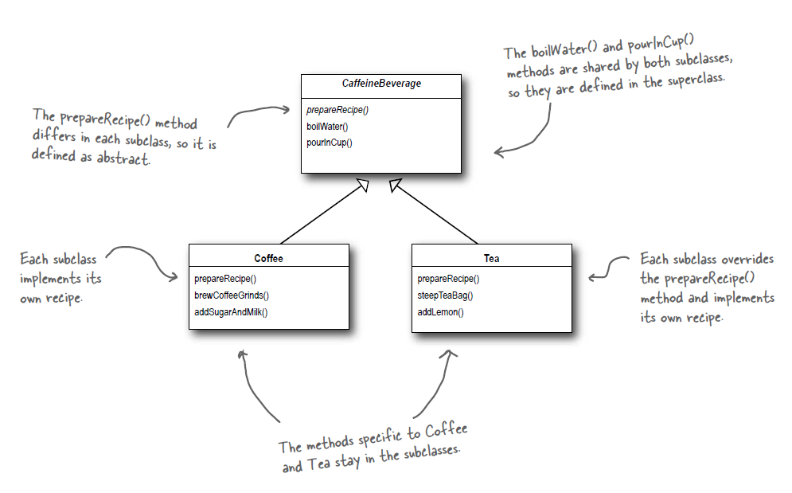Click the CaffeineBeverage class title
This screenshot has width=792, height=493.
point(381,84)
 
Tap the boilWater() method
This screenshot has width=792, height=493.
point(327,126)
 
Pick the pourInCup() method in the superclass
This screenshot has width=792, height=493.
point(329,143)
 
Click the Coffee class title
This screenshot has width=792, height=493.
point(268,258)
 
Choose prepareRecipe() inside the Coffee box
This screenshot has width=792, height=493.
point(224,279)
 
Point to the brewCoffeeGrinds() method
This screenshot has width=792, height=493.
point(232,295)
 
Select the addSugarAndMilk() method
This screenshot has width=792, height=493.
point(231,311)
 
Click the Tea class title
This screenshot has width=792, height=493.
point(491,258)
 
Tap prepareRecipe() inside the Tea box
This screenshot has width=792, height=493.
point(448,279)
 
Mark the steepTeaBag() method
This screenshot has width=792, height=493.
point(445,295)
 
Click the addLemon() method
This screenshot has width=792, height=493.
point(440,311)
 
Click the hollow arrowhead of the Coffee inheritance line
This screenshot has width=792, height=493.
point(363,186)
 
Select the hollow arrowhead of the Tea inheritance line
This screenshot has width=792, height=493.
point(395,186)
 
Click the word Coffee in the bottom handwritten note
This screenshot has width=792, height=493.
point(446,433)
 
